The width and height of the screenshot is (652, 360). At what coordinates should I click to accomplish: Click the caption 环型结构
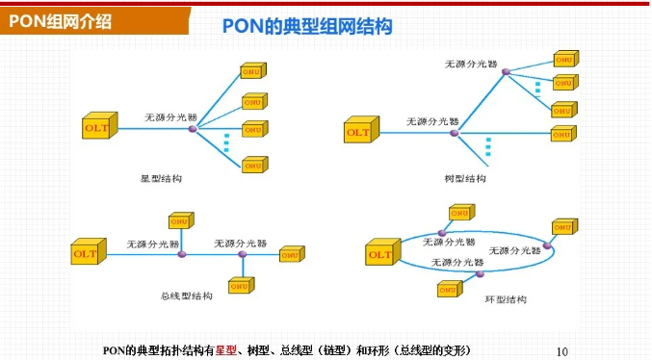(506, 299)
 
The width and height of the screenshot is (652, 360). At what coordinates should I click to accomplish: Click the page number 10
(564, 350)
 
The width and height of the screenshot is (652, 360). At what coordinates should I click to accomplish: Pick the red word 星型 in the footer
(226, 349)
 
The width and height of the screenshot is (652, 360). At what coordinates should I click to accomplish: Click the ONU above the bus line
(182, 221)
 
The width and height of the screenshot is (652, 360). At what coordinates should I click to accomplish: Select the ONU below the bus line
(243, 285)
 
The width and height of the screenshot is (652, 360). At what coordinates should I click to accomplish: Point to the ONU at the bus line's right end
(292, 254)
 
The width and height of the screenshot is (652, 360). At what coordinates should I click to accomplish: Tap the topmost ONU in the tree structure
(564, 57)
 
